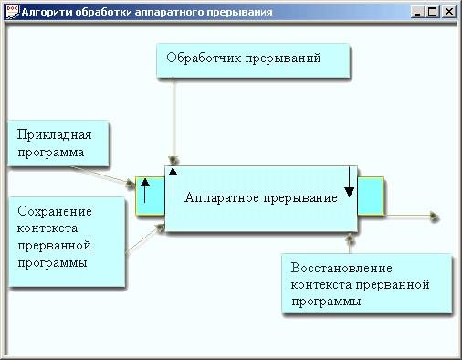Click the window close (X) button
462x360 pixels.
point(449,12)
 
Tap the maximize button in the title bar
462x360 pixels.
point(433,12)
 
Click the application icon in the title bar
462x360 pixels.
point(12,12)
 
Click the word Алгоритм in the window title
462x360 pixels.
point(47,12)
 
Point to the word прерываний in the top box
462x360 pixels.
point(283,58)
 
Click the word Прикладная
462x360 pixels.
point(54,134)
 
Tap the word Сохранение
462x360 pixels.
point(55,211)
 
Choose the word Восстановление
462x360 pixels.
point(341,268)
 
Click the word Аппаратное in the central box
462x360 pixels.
point(222,197)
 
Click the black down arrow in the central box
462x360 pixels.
point(349,182)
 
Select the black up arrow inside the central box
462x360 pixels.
point(173,182)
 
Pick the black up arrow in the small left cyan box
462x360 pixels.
point(145,191)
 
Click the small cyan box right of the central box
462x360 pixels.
point(371,196)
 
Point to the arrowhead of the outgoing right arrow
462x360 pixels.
point(435,217)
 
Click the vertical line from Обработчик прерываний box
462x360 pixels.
point(173,117)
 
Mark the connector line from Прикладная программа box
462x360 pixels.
point(100,175)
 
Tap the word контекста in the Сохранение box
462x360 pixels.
point(47,228)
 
